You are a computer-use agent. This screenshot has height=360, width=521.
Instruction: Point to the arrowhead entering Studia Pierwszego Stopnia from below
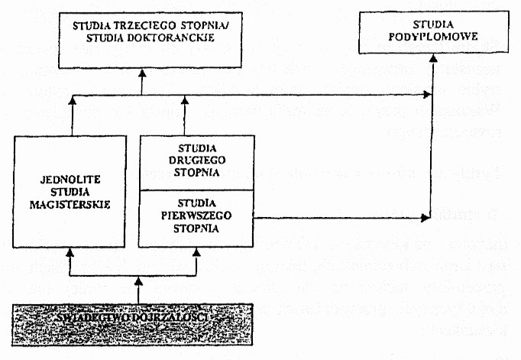[x=197, y=250]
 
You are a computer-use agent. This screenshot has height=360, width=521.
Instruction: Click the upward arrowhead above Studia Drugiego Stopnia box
[x=183, y=100]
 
